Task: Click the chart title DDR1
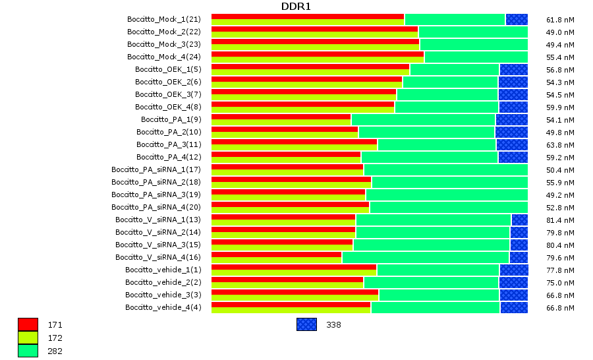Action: coord(296,7)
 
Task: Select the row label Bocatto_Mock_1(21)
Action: coord(163,20)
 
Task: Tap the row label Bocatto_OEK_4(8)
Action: coord(168,107)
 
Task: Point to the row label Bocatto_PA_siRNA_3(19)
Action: coord(155,195)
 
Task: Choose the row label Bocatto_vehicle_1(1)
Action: coord(163,270)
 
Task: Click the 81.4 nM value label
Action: coord(560,220)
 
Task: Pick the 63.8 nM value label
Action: coord(560,145)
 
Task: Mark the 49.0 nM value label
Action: coord(560,32)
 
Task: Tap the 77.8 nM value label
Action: coord(560,270)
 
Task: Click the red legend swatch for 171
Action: coord(28,324)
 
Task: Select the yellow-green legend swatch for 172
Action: coord(28,338)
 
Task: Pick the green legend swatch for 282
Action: coord(28,351)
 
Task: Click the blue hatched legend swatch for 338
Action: coord(306,324)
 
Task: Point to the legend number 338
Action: coord(333,325)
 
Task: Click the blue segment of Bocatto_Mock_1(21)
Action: coord(517,20)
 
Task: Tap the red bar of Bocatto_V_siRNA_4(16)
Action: coord(276,255)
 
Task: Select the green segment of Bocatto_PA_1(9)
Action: coord(423,119)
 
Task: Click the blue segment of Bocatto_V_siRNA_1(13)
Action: coord(519,220)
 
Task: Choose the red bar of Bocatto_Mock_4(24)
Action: coord(317,54)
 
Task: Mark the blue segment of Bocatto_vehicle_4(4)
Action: coord(514,307)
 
